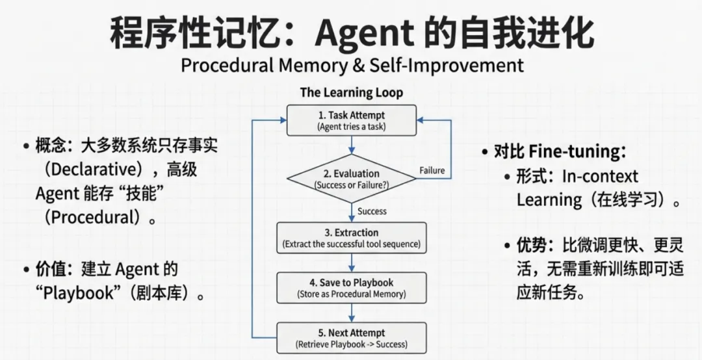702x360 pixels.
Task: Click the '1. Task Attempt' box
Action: (x=352, y=121)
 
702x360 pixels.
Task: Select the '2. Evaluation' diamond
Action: (x=352, y=179)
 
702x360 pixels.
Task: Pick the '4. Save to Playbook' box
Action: (x=352, y=288)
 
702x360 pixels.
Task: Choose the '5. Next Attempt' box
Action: (x=352, y=338)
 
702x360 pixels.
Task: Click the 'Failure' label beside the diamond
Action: (x=432, y=170)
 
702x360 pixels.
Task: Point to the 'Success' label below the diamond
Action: (x=372, y=211)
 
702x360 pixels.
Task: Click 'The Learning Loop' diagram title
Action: (x=352, y=92)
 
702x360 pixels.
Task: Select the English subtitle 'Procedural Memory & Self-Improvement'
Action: (x=352, y=65)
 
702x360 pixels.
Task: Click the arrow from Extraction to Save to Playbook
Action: (x=352, y=263)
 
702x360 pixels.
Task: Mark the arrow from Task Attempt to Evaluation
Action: (x=352, y=146)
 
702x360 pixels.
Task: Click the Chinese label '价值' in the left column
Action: (x=52, y=269)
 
